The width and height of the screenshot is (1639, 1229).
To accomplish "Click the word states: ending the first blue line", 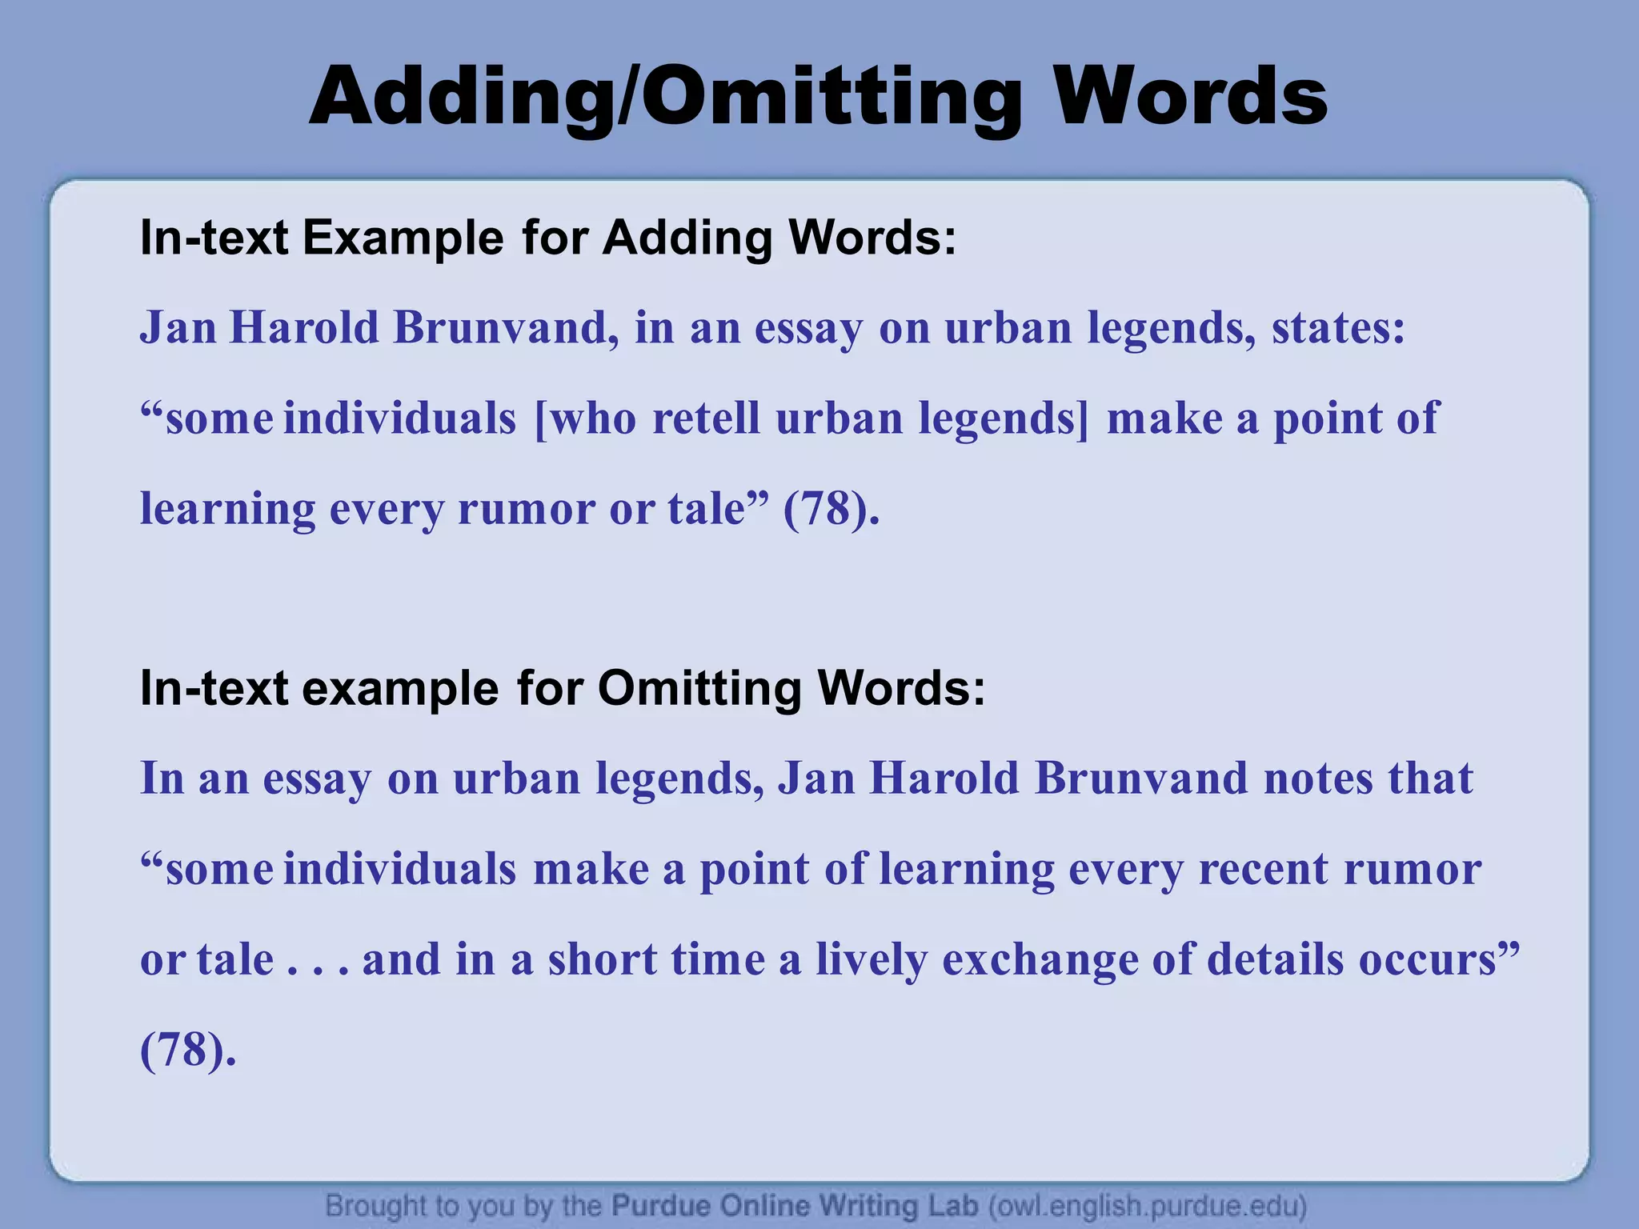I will [x=1338, y=328].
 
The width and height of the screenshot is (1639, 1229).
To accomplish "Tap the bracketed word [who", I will [x=585, y=418].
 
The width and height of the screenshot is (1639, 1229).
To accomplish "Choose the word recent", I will [x=1262, y=869].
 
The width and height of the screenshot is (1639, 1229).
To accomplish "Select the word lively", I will [x=871, y=959].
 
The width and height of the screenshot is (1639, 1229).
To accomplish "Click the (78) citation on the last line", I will [x=182, y=1050].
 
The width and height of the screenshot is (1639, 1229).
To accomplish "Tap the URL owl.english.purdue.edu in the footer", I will [x=1148, y=1205].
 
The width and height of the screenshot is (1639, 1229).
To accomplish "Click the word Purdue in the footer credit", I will [x=660, y=1205].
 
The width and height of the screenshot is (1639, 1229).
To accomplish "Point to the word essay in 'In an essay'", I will [x=317, y=779].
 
